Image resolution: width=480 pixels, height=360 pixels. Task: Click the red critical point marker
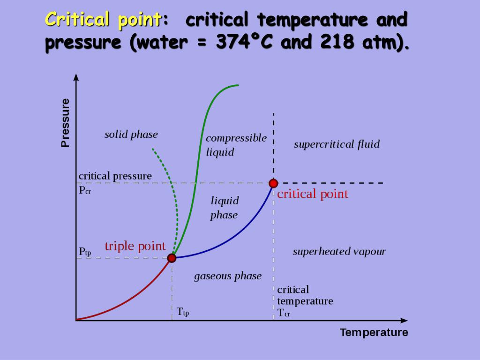[x=273, y=183]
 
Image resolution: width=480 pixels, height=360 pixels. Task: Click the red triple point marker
[x=172, y=258]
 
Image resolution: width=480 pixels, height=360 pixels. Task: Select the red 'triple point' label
[x=135, y=246]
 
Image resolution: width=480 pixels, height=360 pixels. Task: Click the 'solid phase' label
[x=131, y=135]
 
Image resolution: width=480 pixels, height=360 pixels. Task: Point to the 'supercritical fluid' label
[x=337, y=144]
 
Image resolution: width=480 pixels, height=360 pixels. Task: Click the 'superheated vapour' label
[x=339, y=252]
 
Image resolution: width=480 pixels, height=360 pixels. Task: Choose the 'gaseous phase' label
[x=228, y=277]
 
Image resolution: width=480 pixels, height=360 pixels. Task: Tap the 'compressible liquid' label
[x=236, y=145]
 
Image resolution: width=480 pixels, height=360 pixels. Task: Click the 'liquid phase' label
[x=225, y=208]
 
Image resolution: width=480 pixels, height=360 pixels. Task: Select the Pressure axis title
[x=65, y=123]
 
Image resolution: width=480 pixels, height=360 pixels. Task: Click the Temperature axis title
[x=374, y=332]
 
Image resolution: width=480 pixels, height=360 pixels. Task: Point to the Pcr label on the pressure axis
[x=85, y=190]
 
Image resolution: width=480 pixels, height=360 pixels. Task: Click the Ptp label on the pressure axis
[x=85, y=252]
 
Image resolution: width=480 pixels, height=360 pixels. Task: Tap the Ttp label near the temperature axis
[x=183, y=312]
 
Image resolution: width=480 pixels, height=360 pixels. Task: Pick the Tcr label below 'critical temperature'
[x=284, y=313]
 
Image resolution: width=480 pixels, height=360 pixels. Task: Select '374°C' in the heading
[x=244, y=41]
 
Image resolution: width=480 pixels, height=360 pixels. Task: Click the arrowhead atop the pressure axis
[x=76, y=77]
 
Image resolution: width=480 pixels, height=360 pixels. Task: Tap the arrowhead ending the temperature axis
[x=404, y=321]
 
